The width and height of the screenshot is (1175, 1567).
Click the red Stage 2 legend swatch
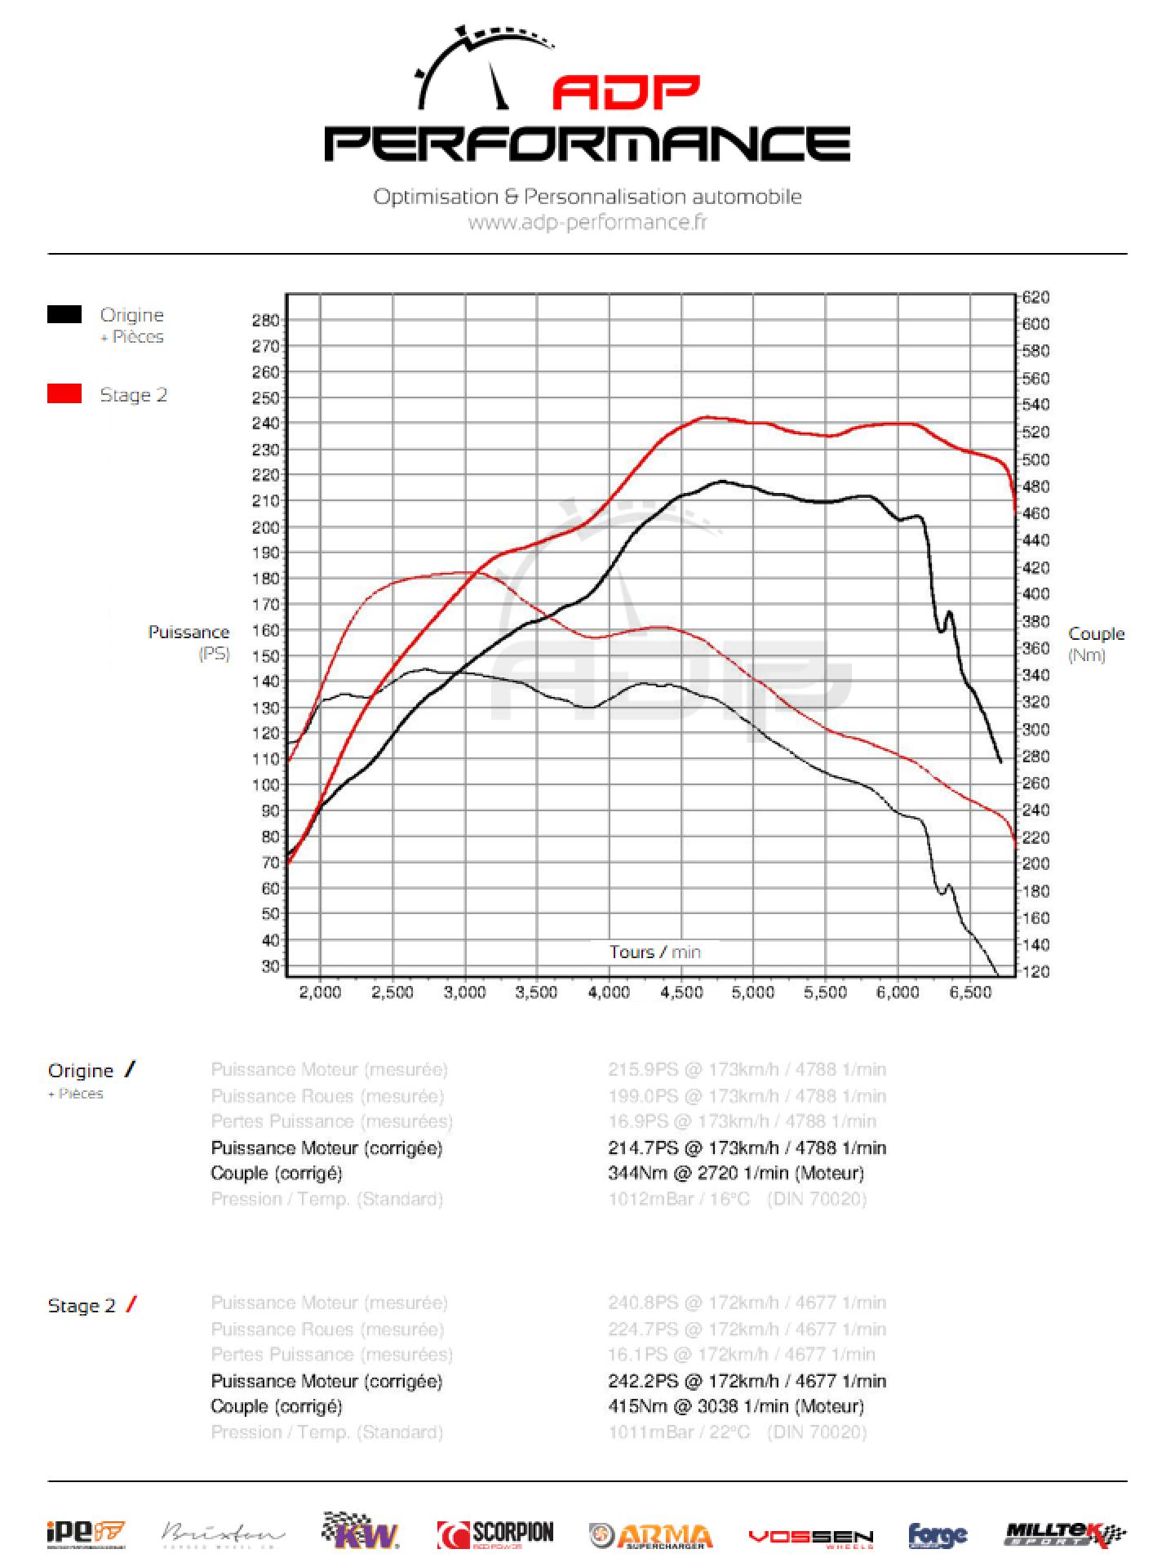click(x=64, y=394)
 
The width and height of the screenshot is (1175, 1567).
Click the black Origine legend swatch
click(x=64, y=314)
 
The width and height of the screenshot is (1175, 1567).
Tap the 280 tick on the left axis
click(x=266, y=320)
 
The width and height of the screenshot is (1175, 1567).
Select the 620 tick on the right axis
click(x=1036, y=297)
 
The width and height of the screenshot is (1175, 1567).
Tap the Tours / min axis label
click(x=654, y=952)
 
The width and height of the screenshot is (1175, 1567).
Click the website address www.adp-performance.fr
click(x=587, y=222)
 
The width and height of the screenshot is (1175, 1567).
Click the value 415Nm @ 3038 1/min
click(x=735, y=1406)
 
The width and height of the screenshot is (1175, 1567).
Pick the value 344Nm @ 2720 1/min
click(x=735, y=1173)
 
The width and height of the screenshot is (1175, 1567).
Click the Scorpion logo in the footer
click(x=495, y=1534)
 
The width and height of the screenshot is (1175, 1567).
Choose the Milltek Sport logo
click(x=1066, y=1534)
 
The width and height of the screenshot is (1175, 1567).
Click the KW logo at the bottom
click(x=361, y=1532)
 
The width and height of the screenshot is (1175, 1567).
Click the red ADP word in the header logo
click(x=626, y=93)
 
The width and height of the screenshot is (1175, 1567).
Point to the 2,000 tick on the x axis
click(x=321, y=992)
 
